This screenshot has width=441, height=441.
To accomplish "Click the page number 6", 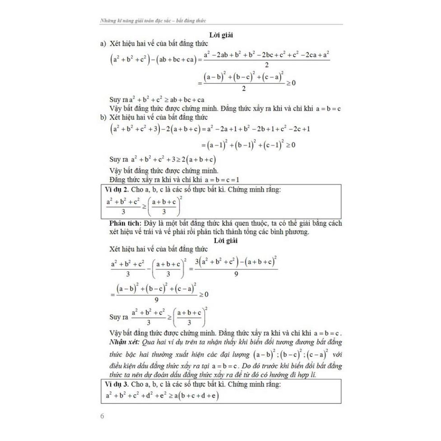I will pyautogui.click(x=102, y=416).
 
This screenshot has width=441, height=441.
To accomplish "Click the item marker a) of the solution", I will pyautogui.click(x=103, y=44).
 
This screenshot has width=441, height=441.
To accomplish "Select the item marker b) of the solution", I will pyautogui.click(x=103, y=117).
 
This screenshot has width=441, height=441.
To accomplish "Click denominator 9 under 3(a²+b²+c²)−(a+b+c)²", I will pyautogui.click(x=236, y=274).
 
